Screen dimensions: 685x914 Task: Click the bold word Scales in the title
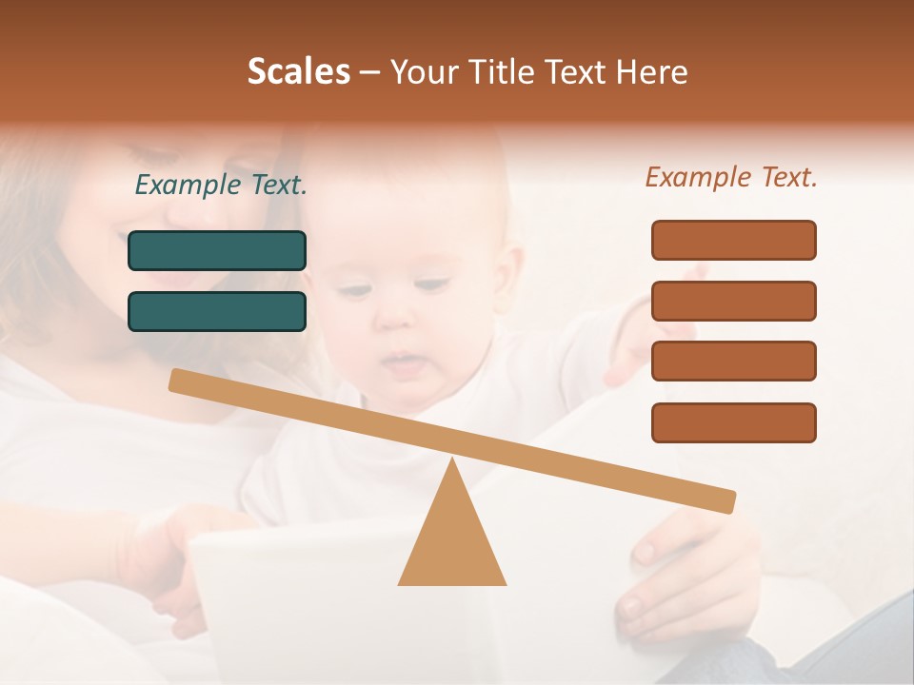(299, 71)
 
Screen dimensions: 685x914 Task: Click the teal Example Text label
(221, 186)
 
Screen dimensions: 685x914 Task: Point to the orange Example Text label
(731, 177)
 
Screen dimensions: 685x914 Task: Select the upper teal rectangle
(217, 250)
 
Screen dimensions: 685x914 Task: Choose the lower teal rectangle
(217, 311)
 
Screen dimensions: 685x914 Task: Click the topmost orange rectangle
(733, 240)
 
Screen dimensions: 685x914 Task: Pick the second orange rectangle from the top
(733, 301)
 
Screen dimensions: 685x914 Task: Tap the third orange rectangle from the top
(733, 362)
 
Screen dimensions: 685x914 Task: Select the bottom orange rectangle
(733, 422)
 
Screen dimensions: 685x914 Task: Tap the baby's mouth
(405, 362)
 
